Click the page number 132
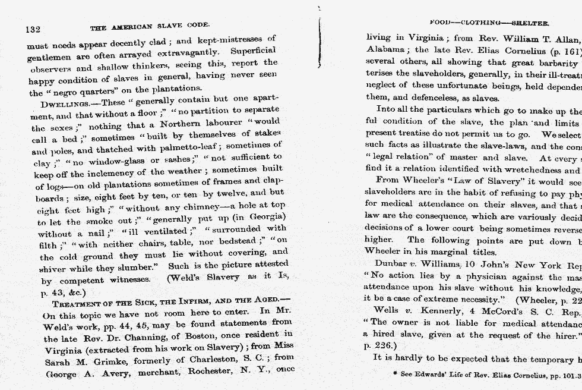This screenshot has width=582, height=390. [x=33, y=29]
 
